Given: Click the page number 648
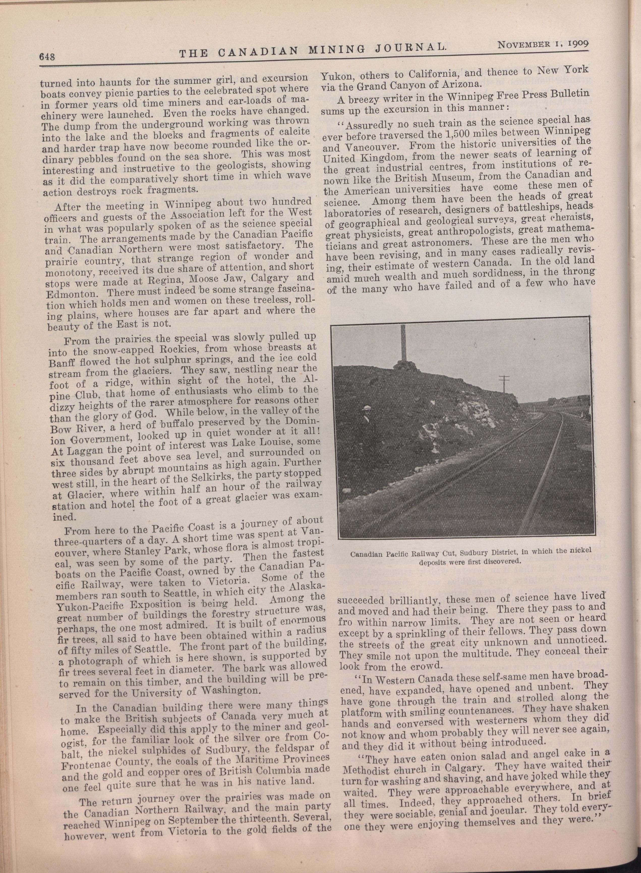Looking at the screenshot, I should click(x=48, y=56).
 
